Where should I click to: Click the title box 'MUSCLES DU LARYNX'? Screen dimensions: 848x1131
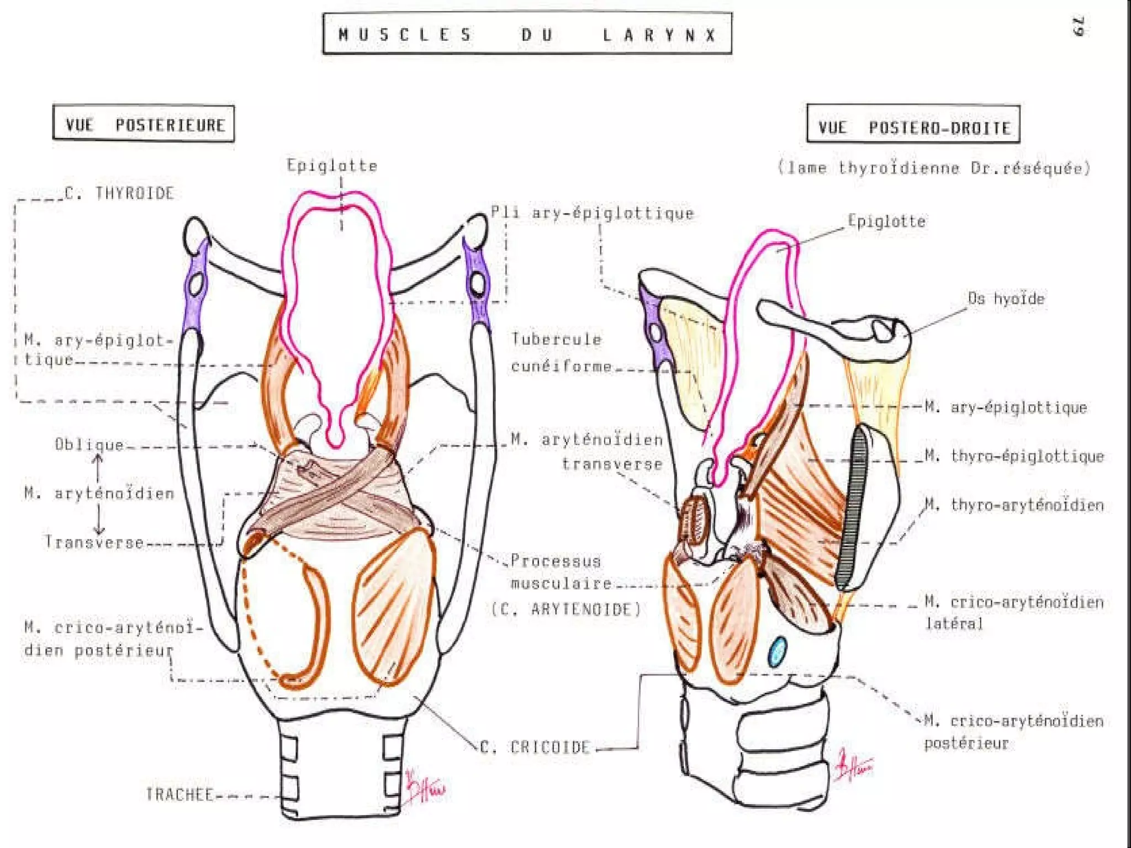[527, 34]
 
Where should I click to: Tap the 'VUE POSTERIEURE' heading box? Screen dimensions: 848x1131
[144, 124]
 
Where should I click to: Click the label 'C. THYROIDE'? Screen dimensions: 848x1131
[119, 193]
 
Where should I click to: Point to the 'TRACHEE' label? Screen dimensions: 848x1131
[179, 794]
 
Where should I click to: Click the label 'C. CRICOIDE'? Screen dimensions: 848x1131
[535, 748]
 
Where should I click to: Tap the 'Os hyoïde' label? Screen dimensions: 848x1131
[1006, 299]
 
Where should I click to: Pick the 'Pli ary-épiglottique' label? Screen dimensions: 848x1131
[592, 213]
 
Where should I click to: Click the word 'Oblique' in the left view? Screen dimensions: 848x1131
[89, 444]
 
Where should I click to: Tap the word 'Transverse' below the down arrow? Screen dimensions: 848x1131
[94, 542]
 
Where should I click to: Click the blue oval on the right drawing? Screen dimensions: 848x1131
[777, 651]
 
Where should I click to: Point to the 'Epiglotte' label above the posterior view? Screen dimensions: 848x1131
[332, 165]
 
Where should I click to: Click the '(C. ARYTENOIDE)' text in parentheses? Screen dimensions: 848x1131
[565, 609]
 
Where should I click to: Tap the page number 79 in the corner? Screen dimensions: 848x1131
[1079, 26]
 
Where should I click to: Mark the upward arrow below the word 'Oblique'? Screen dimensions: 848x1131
[98, 467]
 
